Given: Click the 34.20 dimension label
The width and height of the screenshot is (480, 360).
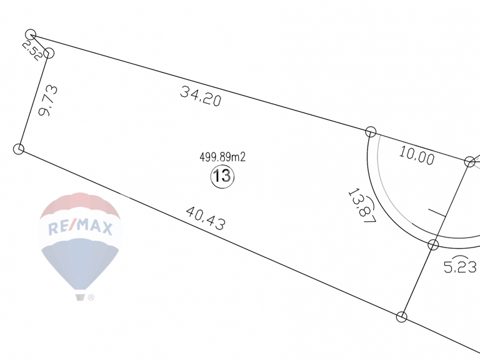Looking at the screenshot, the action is (x=201, y=96).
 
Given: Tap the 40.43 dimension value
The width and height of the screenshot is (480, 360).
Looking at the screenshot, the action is (x=206, y=218).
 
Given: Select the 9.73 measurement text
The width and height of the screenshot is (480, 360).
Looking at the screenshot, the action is (x=48, y=101).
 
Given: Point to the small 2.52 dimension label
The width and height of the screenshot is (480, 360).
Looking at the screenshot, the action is (x=32, y=51).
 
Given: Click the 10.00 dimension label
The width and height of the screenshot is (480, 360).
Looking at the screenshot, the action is (x=417, y=156).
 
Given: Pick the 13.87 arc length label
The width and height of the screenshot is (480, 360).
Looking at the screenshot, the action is (x=362, y=206).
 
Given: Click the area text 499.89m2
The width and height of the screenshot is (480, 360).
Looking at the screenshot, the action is (x=222, y=157).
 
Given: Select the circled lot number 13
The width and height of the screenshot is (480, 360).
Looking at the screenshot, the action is (x=222, y=176).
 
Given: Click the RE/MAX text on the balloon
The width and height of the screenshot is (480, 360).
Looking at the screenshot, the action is (x=80, y=227).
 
